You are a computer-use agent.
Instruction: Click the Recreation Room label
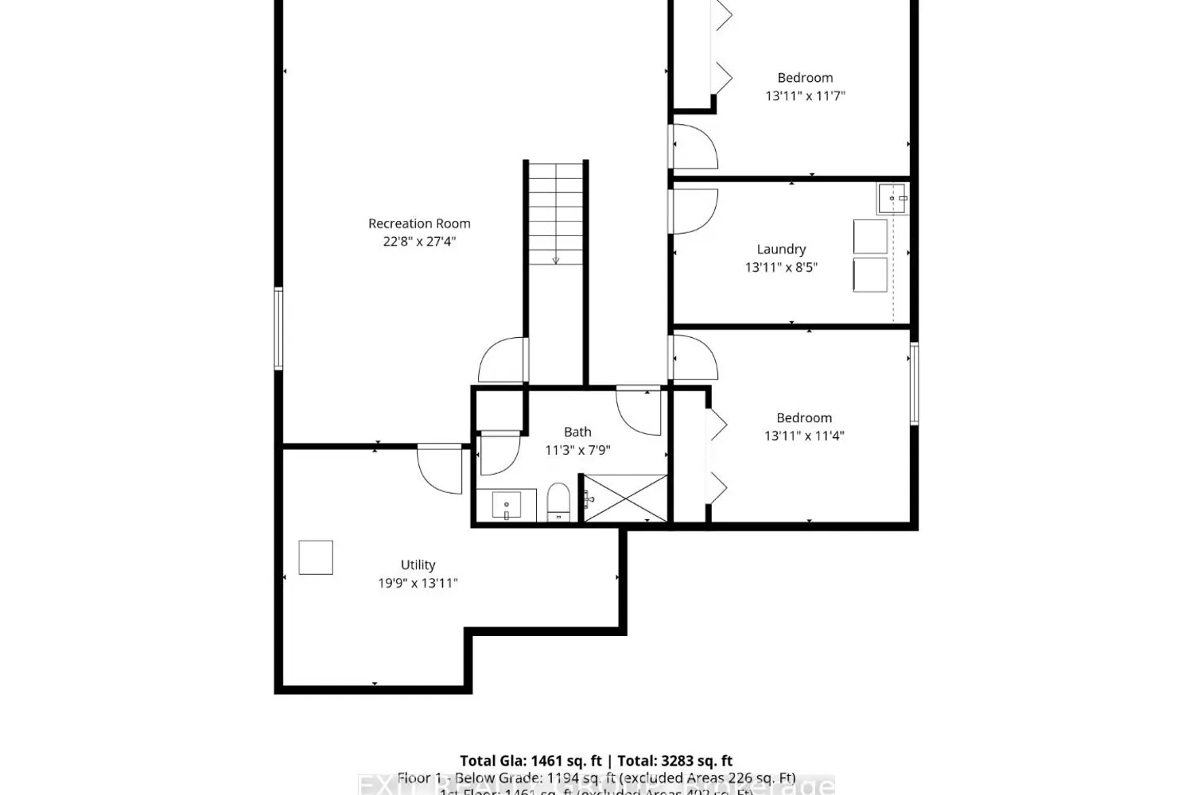point(419,223)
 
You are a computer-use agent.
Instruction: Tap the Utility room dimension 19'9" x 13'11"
point(418,583)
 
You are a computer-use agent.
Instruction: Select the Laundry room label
point(781,249)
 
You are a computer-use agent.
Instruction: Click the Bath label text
point(577,432)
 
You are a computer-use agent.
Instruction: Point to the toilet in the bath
point(558,502)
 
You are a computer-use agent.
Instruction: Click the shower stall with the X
point(626,498)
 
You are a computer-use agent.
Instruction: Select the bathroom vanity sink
point(506,506)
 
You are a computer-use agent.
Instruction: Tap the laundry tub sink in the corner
point(892,198)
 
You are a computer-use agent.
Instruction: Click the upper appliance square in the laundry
point(870,237)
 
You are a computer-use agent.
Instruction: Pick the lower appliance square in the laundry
point(870,274)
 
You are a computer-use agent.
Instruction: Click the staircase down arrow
point(555,259)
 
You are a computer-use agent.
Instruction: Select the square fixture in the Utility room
point(316,556)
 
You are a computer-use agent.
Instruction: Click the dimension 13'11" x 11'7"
point(805,95)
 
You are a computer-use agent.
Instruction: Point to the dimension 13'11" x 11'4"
point(804,436)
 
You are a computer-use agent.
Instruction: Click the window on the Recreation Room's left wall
point(278,329)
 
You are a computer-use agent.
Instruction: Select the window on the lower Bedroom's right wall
point(914,383)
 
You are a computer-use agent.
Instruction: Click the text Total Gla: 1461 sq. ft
point(530,761)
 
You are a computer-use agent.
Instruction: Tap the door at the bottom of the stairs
point(503,362)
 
